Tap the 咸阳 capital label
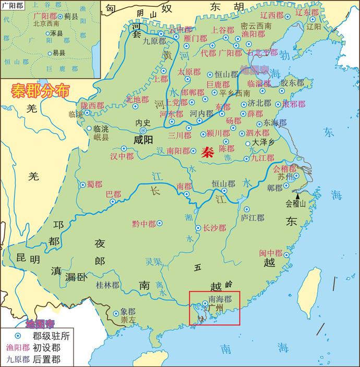144,140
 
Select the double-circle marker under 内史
143,130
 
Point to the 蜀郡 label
94,184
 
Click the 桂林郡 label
107,285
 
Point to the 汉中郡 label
122,156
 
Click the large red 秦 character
208,152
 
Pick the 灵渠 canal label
153,262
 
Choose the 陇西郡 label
91,105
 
